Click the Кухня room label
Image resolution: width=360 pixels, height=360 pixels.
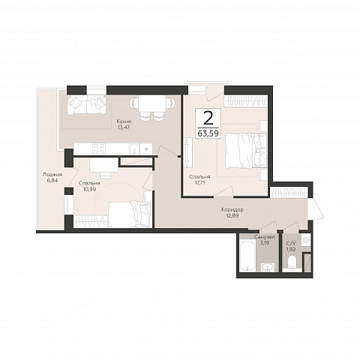point(124,121)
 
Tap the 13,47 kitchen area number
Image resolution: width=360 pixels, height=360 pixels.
point(124,127)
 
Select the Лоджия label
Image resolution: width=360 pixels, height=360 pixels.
point(52,175)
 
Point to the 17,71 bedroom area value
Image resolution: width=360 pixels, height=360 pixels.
point(199,182)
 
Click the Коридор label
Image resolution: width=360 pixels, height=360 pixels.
point(232,210)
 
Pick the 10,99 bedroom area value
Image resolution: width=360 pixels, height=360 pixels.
point(89,189)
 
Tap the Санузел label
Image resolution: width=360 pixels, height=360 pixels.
point(265,237)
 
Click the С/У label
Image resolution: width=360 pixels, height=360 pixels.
point(291,243)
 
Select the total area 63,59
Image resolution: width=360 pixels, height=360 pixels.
point(208,133)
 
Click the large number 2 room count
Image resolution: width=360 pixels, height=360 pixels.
point(208,118)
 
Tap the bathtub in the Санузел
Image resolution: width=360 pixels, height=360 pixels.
point(247,256)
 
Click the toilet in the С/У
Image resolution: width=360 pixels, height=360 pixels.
point(291,263)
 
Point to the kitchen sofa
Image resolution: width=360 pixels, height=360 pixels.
point(86,104)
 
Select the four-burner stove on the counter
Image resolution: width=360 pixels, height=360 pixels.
point(98,148)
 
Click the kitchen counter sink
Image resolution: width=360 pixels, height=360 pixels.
point(134,148)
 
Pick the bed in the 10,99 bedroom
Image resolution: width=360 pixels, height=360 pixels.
point(130,214)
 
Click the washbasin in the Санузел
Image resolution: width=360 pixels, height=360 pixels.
point(268,267)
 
